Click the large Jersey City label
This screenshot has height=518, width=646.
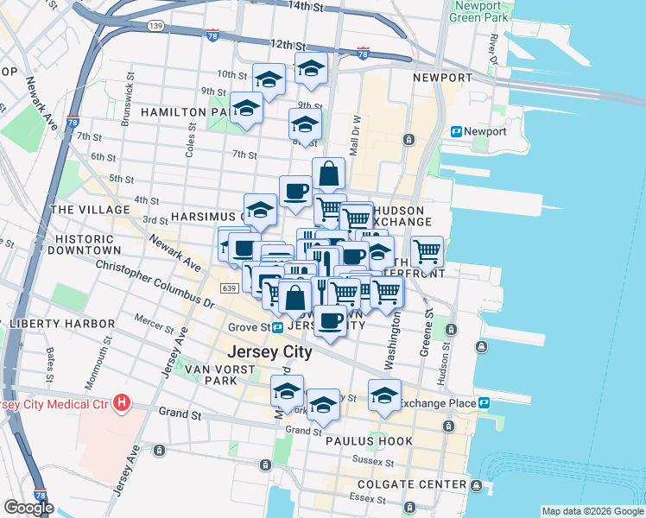pyautogui.click(x=269, y=353)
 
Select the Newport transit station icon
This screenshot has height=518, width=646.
pyautogui.click(x=456, y=131)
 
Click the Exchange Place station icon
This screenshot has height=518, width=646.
pyautogui.click(x=485, y=403)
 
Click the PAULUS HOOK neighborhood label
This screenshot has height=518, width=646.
pyautogui.click(x=369, y=441)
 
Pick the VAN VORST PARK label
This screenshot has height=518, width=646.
pyautogui.click(x=199, y=375)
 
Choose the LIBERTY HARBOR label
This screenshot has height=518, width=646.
pyautogui.click(x=60, y=324)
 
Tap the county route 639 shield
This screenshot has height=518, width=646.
pyautogui.click(x=229, y=287)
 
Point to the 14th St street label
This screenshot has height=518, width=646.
pyautogui.click(x=311, y=6)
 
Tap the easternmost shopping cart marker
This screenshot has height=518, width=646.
pyautogui.click(x=427, y=250)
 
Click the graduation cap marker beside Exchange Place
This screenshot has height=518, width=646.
pyautogui.click(x=384, y=395)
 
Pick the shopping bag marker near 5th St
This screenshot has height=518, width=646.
pyautogui.click(x=328, y=173)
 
